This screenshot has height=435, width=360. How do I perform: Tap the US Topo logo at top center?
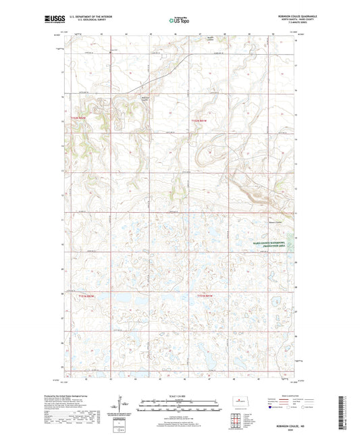click(x=178, y=21)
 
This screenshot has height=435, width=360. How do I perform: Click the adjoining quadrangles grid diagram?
click(x=238, y=419)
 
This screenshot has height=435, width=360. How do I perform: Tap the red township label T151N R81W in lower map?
click(x=205, y=296)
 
